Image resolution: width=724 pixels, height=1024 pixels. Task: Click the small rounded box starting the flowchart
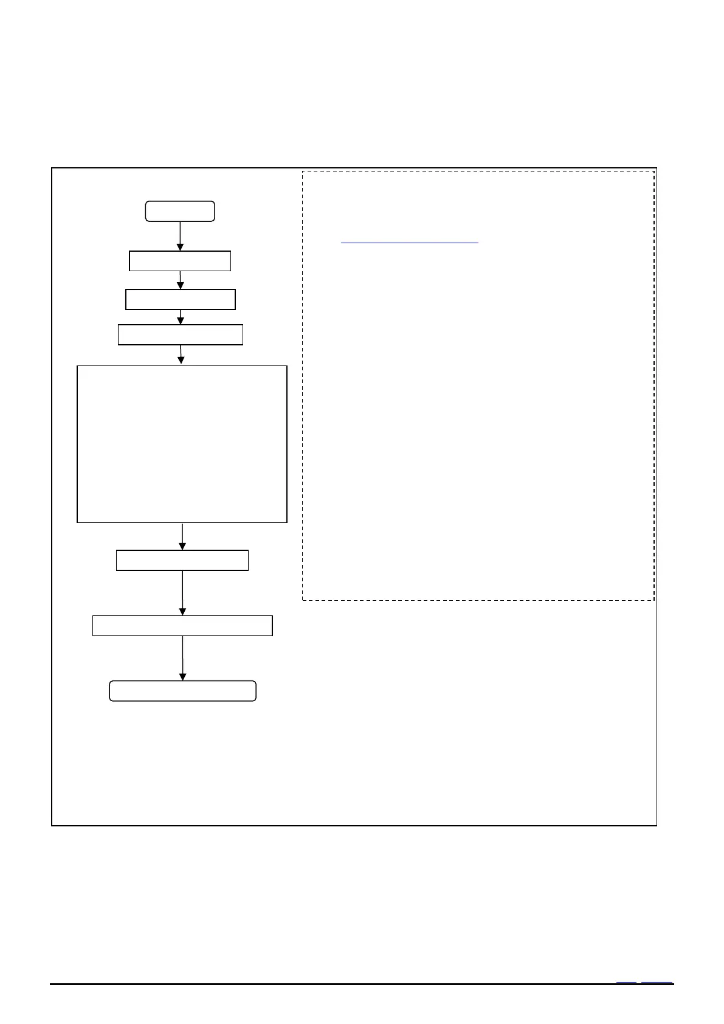point(180,211)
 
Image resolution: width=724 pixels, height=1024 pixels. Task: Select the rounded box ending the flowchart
point(182,691)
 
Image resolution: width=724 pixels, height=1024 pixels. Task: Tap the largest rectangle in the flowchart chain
point(182,444)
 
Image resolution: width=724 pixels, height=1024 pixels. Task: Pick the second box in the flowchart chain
point(180,261)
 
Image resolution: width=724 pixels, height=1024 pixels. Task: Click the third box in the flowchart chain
point(181,300)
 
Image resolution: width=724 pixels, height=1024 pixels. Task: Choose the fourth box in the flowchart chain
point(181,335)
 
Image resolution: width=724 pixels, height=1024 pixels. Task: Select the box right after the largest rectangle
point(182,560)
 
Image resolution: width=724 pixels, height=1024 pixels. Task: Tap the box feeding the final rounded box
point(182,626)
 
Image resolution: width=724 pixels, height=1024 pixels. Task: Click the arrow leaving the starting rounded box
point(180,235)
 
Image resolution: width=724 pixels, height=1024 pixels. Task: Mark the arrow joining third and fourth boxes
point(181,317)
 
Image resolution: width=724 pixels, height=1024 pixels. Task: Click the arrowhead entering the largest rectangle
point(181,361)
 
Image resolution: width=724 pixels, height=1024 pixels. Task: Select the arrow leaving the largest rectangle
point(182,536)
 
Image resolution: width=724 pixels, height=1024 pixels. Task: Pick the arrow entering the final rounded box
point(182,658)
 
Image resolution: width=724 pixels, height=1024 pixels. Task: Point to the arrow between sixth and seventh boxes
point(182,593)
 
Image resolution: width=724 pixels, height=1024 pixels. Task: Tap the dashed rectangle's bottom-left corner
point(303,600)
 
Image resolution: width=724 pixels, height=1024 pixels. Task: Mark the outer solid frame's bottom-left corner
point(52,825)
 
